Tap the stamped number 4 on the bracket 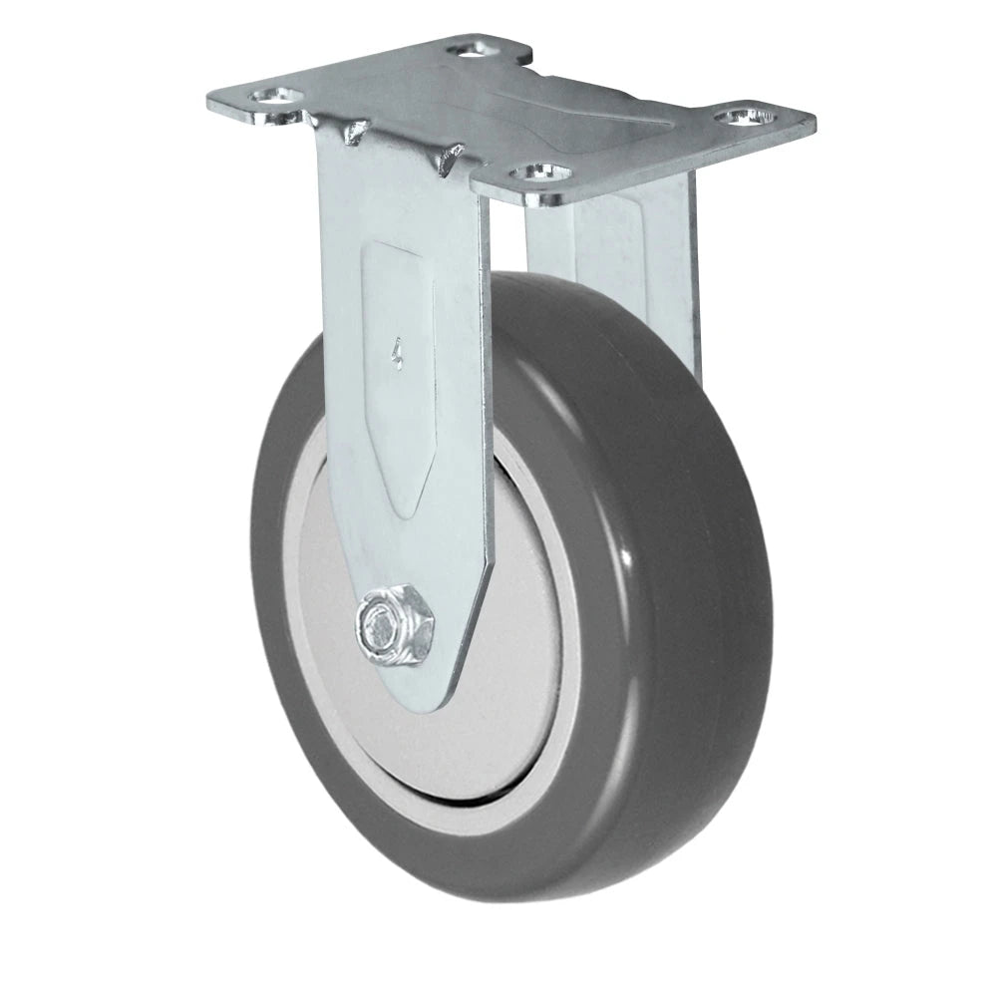[398, 353]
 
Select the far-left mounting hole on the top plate [272, 97]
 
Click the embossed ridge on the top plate [558, 100]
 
